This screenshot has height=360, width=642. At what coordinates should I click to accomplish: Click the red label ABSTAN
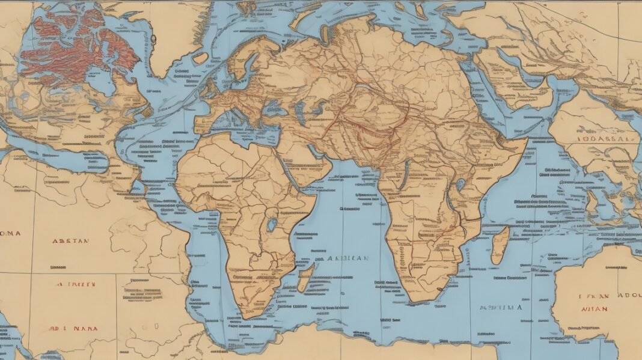(x=70, y=240)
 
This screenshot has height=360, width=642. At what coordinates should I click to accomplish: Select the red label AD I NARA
(x=74, y=329)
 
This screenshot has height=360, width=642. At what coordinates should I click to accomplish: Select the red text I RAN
(x=595, y=296)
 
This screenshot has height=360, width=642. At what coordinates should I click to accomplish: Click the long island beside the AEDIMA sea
(x=500, y=245)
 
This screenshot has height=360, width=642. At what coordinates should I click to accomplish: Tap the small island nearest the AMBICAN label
(x=305, y=277)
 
